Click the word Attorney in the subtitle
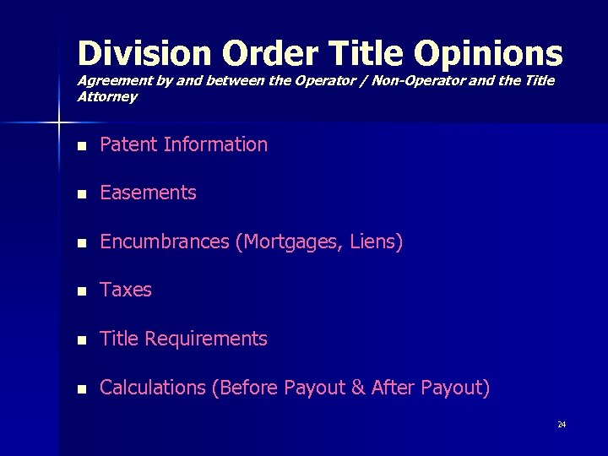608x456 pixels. click(107, 96)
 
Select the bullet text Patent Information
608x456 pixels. click(183, 144)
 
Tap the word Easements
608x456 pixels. click(148, 193)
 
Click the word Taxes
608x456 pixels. click(126, 290)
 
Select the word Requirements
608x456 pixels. click(206, 339)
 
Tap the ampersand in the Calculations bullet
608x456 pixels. click(357, 388)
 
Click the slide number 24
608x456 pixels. click(562, 424)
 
